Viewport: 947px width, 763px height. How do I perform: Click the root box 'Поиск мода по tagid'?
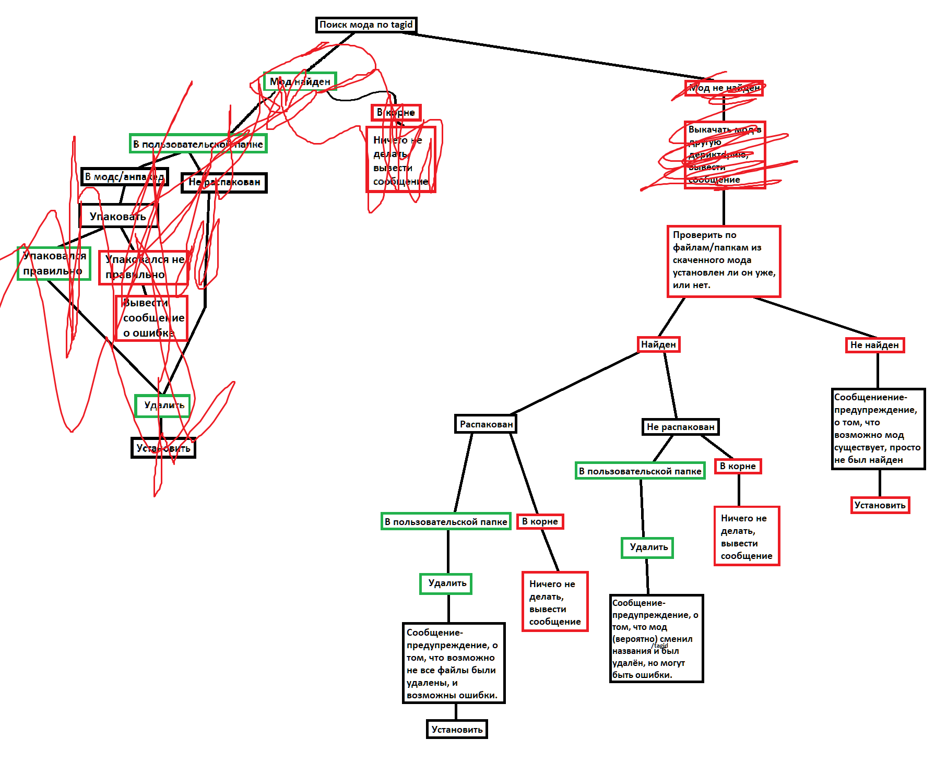pos(366,25)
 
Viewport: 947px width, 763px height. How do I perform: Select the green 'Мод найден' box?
pos(300,81)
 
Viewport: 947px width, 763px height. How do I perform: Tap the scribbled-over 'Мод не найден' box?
pos(724,88)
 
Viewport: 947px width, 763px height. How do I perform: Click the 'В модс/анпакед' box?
pos(124,176)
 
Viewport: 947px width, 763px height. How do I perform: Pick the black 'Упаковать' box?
pos(118,216)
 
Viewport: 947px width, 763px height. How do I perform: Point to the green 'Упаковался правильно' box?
pos(54,264)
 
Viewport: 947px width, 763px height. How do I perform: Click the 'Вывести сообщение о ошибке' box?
pos(151,318)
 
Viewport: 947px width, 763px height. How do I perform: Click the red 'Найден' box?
pos(658,344)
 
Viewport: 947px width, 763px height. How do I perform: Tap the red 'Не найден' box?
pos(874,345)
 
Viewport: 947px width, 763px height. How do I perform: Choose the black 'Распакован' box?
pos(486,424)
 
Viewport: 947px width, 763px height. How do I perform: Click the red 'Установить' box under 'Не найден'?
pos(880,505)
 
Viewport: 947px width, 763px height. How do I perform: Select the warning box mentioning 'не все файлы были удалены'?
pos(453,663)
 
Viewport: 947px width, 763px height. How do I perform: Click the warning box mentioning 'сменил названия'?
pos(656,638)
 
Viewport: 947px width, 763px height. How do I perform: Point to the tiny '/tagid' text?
pos(660,646)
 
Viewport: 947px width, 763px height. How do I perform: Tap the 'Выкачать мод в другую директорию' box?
pos(725,154)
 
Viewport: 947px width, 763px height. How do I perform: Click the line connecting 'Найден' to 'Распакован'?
pos(574,384)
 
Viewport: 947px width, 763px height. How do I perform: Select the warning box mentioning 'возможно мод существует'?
pos(878,428)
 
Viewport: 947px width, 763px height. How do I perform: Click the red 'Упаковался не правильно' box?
pos(144,267)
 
